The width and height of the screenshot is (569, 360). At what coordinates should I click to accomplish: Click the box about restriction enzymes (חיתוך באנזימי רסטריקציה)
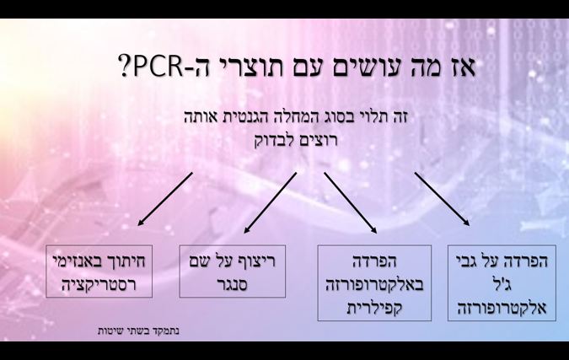tap(99, 271)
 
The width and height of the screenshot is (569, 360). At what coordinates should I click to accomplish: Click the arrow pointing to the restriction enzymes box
tap(165, 199)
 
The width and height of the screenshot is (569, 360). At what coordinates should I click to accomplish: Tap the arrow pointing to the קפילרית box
tap(350, 202)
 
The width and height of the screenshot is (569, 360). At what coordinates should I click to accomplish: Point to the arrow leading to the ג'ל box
tap(443, 200)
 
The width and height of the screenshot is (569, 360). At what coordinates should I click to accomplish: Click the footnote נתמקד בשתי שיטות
tap(138, 330)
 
